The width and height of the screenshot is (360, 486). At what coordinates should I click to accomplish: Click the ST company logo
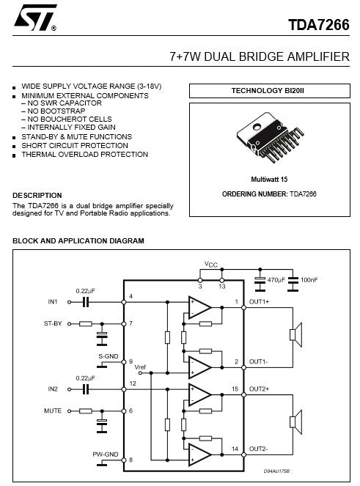[34, 18]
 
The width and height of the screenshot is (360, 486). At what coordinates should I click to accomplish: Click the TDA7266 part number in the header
[319, 25]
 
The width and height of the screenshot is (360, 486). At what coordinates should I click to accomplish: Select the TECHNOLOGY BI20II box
[270, 91]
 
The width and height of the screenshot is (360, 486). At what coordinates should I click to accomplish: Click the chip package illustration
[270, 137]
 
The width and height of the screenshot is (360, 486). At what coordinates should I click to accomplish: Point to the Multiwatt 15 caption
[269, 179]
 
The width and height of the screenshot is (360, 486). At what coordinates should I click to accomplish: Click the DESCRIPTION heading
[37, 196]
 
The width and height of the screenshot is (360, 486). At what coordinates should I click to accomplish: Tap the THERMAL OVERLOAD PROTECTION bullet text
[84, 155]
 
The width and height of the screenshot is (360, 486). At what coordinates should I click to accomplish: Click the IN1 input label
[53, 301]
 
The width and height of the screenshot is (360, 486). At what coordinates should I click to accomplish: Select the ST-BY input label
[53, 323]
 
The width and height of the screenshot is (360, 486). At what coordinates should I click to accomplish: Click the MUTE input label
[53, 410]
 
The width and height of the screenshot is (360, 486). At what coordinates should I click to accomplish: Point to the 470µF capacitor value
[276, 280]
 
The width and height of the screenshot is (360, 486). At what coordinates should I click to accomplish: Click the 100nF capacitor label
[309, 280]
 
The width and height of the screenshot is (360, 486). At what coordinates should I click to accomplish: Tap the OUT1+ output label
[259, 301]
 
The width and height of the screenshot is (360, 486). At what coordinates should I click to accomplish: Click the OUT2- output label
[258, 449]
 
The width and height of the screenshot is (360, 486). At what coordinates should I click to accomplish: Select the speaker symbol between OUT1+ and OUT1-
[295, 335]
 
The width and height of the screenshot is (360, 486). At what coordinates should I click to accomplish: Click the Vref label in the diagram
[140, 367]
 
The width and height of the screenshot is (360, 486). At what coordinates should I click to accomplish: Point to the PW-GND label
[106, 454]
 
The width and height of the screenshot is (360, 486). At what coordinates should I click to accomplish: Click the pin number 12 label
[133, 383]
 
